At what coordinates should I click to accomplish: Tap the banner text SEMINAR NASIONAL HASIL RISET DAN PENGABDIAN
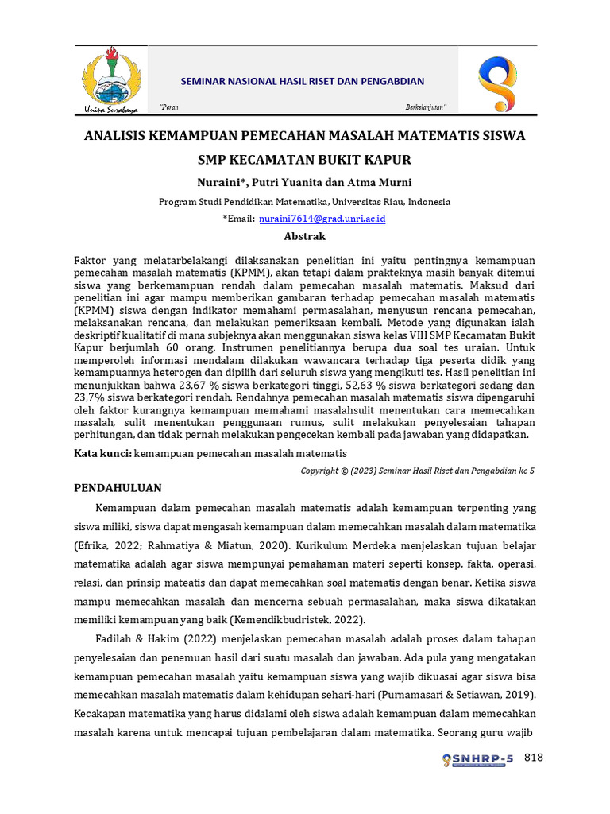coord(303,81)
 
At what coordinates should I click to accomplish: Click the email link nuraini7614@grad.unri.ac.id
coord(322,219)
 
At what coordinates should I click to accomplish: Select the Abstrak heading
coord(305,236)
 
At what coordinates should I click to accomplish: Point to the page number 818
coord(534,758)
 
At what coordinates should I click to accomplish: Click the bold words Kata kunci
coord(102,453)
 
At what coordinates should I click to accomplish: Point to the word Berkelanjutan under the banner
coord(426,107)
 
